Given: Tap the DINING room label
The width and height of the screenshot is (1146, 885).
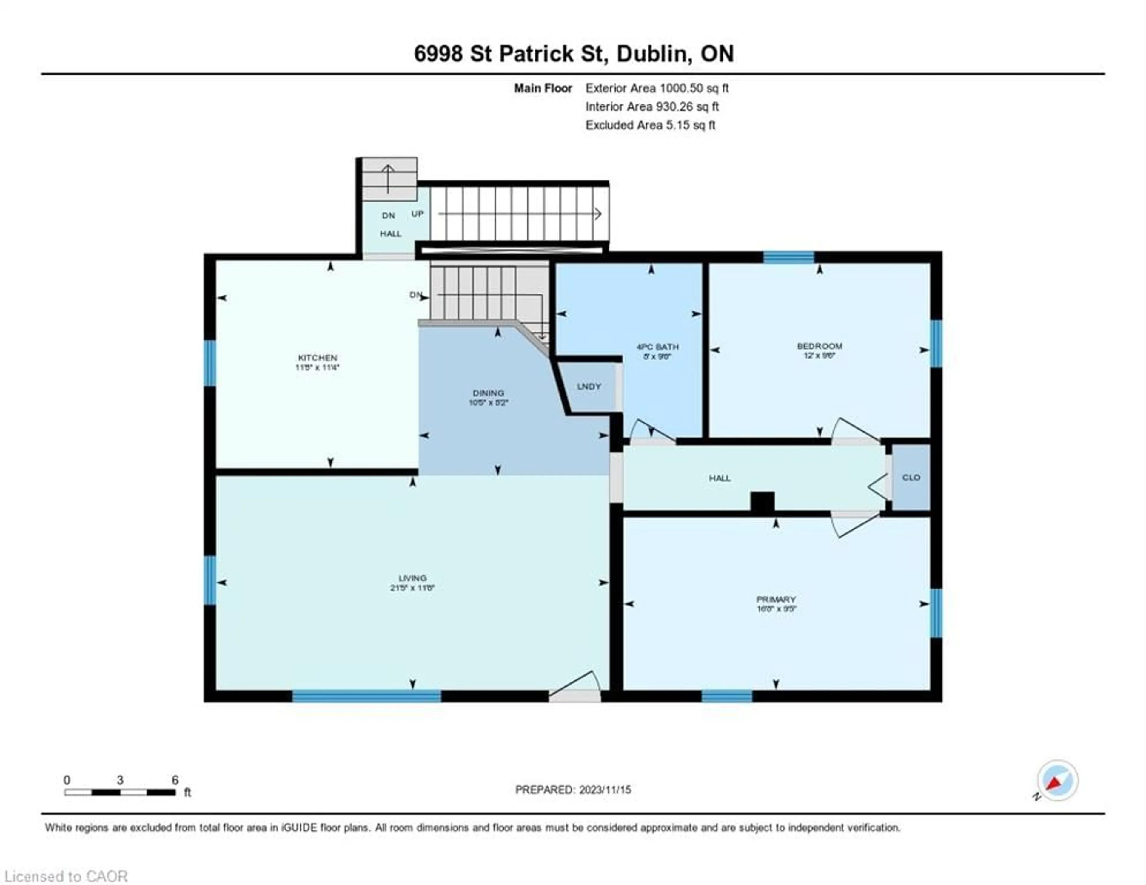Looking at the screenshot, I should tap(488, 393).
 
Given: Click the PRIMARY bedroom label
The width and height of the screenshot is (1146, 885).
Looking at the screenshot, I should tap(776, 599).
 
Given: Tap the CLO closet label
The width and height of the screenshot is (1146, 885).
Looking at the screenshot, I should tap(911, 477).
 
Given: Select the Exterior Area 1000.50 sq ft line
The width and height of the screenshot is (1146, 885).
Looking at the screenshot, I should tap(657, 88).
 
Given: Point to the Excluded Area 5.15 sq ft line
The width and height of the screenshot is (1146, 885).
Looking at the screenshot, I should tap(650, 125).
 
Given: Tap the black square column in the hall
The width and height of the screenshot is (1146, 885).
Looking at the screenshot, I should tap(763, 501).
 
